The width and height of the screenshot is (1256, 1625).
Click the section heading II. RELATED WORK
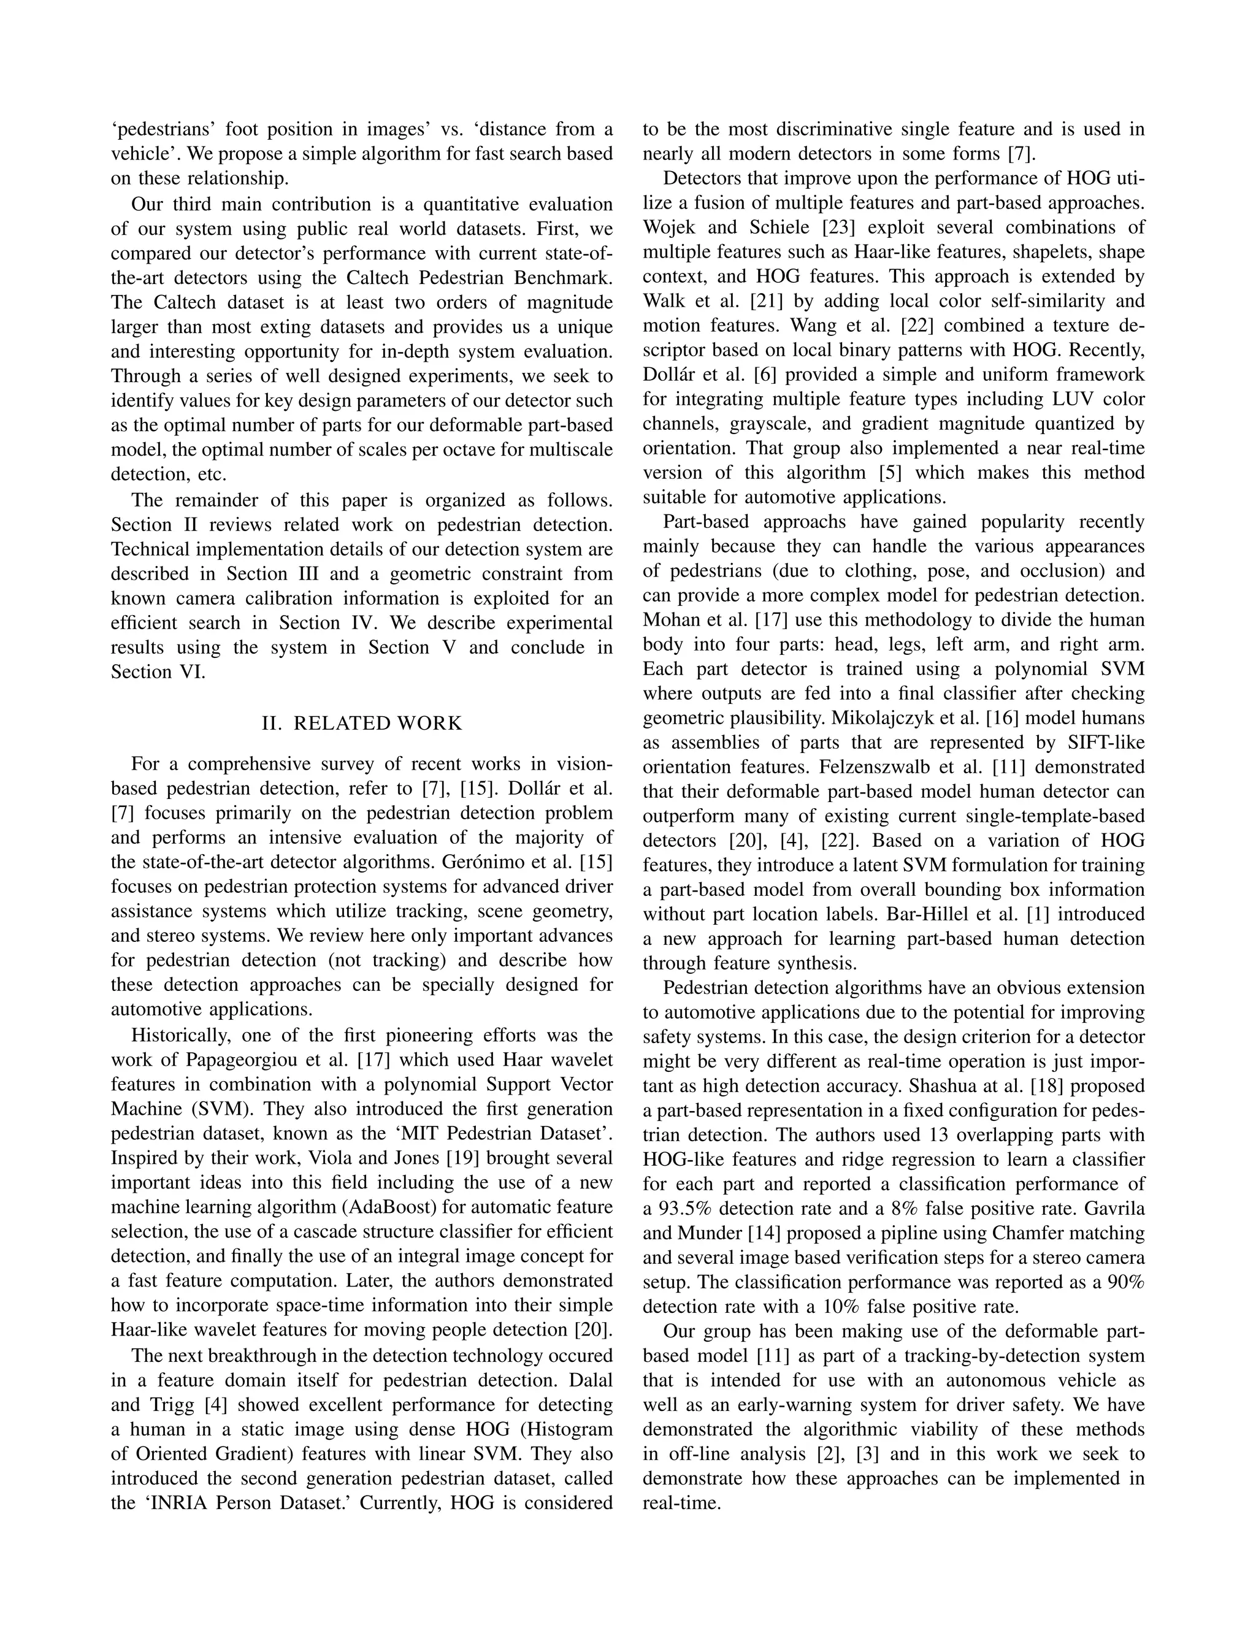[362, 723]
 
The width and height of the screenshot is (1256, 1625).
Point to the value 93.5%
[687, 1207]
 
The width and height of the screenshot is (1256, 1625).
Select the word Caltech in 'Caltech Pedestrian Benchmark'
[379, 278]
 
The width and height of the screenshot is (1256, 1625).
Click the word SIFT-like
[1106, 743]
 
